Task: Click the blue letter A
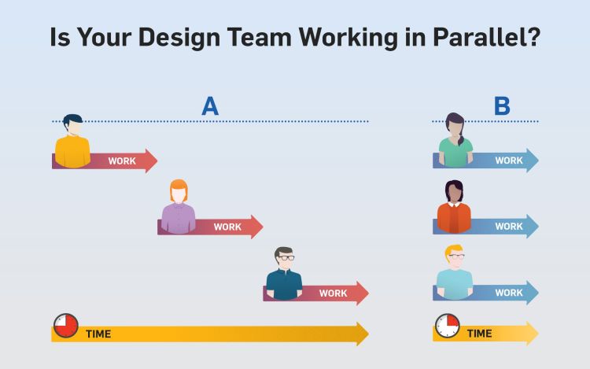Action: pos(210,105)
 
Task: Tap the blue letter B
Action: pos(502,105)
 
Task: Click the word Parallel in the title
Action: pos(487,37)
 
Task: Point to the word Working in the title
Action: pos(348,38)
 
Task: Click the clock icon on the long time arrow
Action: pos(66,326)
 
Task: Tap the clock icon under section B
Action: pos(448,326)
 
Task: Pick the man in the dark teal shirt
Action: pos(284,274)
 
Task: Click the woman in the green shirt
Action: pos(455,140)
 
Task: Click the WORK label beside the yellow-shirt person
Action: pos(122,161)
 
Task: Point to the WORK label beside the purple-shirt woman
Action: pos(227,227)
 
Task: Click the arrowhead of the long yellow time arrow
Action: pos(363,334)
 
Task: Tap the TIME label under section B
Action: pos(479,334)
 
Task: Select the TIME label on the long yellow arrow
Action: pos(98,334)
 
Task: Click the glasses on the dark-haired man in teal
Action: pos(286,258)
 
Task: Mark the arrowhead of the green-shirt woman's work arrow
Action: pos(533,161)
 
